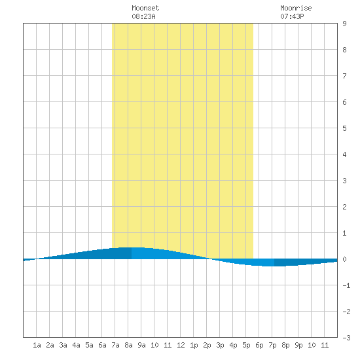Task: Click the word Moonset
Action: (145, 8)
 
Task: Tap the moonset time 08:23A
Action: (143, 16)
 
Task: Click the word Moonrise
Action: (296, 8)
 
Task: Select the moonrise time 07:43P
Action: (292, 16)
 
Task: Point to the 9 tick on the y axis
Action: (344, 24)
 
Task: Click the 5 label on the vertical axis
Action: (344, 128)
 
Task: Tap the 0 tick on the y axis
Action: (344, 259)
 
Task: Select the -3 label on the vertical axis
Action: (346, 338)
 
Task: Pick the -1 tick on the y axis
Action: (346, 285)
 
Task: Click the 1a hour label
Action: (37, 345)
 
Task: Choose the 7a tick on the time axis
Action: (115, 345)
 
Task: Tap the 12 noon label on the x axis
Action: (181, 345)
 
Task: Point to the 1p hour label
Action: (194, 345)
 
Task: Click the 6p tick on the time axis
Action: (259, 345)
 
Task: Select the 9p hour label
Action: (298, 345)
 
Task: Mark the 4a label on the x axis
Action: (76, 345)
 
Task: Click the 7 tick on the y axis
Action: (344, 76)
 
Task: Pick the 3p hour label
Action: (220, 345)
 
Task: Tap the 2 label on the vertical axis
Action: (344, 207)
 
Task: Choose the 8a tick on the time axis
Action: (128, 345)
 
